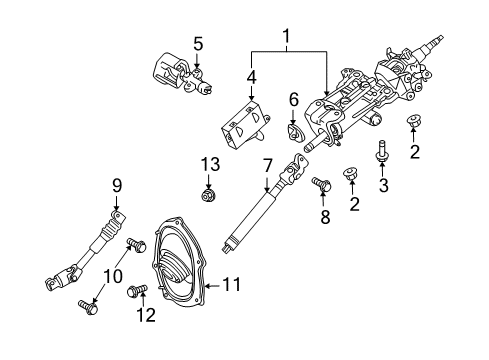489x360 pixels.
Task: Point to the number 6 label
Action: click(294, 99)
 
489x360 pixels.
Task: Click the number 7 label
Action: click(267, 162)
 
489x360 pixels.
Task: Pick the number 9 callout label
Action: click(117, 184)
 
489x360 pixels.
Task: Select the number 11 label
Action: click(231, 286)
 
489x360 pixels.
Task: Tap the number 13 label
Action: click(208, 164)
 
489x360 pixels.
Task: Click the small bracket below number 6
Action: click(294, 130)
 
